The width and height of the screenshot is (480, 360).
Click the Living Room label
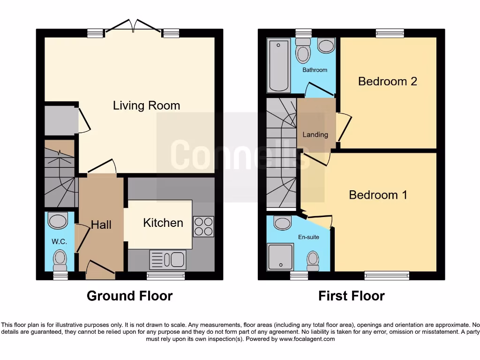pyautogui.click(x=146, y=105)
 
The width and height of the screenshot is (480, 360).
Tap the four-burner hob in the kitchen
pyautogui.click(x=203, y=226)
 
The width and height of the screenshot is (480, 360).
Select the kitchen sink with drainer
pyautogui.click(x=168, y=259)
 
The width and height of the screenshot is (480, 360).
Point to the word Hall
pyautogui.click(x=101, y=225)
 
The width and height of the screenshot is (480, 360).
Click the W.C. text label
pyautogui.click(x=60, y=242)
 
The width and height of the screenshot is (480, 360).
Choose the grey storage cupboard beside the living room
pyautogui.click(x=60, y=120)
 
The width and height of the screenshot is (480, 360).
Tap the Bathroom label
pyautogui.click(x=315, y=70)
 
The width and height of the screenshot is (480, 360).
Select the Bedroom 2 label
pyautogui.click(x=387, y=81)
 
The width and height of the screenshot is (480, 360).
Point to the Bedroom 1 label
pyautogui.click(x=378, y=195)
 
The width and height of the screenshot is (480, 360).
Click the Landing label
pyautogui.click(x=315, y=135)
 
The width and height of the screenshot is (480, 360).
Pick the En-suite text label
pyautogui.click(x=308, y=237)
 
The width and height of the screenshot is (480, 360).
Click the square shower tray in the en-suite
pyautogui.click(x=280, y=257)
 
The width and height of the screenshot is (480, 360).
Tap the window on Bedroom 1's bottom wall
pyautogui.click(x=387, y=276)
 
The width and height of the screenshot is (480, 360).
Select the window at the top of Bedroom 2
pyautogui.click(x=390, y=33)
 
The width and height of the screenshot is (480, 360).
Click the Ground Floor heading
pyautogui.click(x=129, y=296)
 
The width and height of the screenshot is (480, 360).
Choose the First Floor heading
pyautogui.click(x=351, y=296)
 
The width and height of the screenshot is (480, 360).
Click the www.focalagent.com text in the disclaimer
pyautogui.click(x=307, y=339)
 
